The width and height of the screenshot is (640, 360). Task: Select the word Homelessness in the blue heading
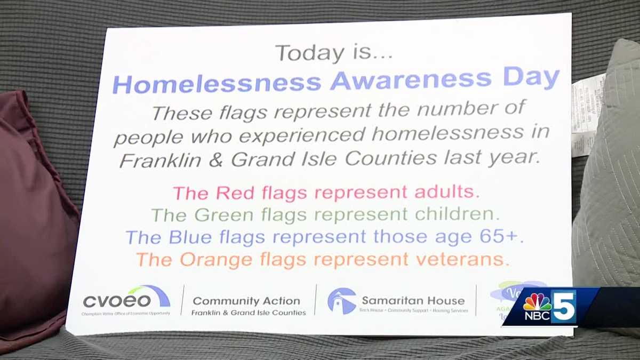pyautogui.click(x=217, y=83)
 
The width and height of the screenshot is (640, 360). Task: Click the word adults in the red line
pyautogui.click(x=448, y=192)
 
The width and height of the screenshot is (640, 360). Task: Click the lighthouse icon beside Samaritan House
pyautogui.click(x=341, y=301)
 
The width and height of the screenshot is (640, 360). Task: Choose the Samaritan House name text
pyautogui.click(x=413, y=300)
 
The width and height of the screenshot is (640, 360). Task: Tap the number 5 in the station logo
pyautogui.click(x=563, y=306)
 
